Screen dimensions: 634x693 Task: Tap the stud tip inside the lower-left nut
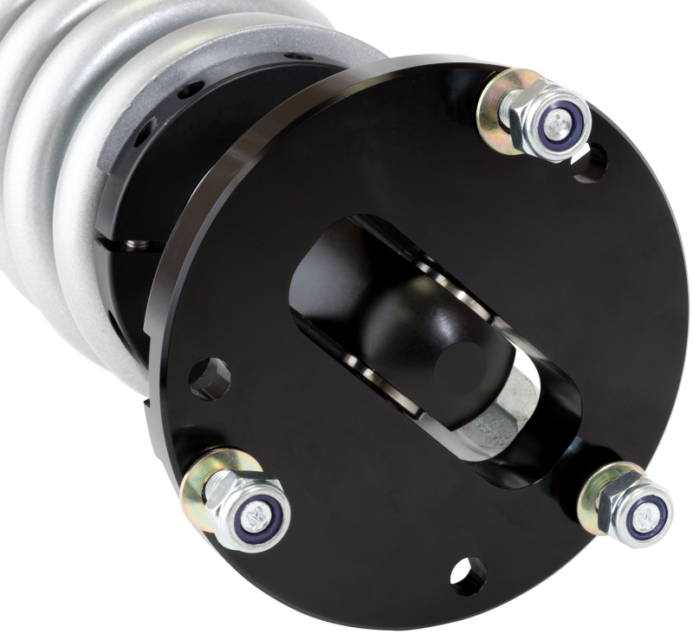tap(257, 518)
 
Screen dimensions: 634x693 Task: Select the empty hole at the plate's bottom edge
tap(468, 574)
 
